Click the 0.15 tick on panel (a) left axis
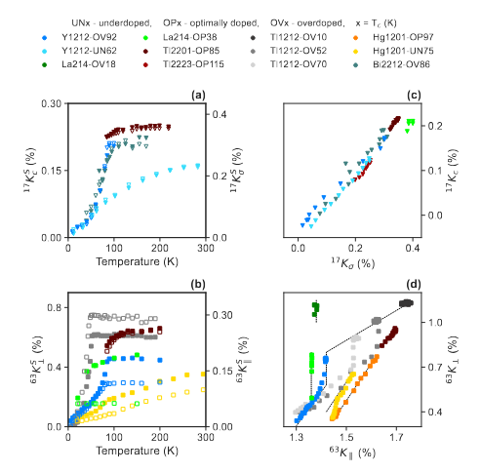[55, 171]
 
